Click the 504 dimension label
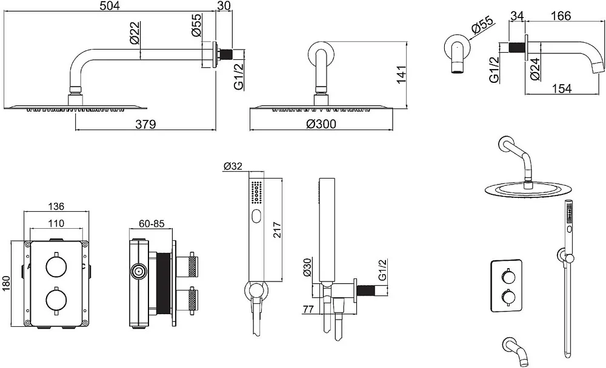(x=110, y=5)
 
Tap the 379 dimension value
(x=145, y=124)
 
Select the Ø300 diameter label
(x=321, y=124)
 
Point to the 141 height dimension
(x=401, y=74)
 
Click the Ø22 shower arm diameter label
(x=134, y=33)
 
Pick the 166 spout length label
(x=561, y=16)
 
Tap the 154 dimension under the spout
(x=561, y=88)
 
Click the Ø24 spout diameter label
(x=535, y=69)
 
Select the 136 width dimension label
(x=56, y=206)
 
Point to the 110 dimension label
(x=56, y=223)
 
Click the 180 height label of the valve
(x=7, y=283)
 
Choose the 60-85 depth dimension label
(x=152, y=223)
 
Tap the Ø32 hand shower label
(x=233, y=166)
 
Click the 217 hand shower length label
(x=277, y=230)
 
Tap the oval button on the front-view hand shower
(x=256, y=217)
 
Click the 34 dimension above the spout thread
(x=517, y=16)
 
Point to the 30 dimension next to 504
(x=224, y=5)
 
